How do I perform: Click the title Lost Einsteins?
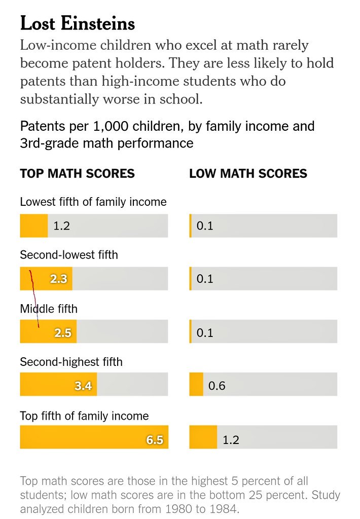tap(77, 23)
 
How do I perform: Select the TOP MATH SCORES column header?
tap(77, 174)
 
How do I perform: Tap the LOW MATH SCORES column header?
tap(248, 174)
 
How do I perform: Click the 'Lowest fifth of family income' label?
tap(93, 202)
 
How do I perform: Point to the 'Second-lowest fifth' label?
tap(68, 254)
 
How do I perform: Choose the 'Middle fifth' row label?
tap(49, 308)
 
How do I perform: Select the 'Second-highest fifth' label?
tap(71, 362)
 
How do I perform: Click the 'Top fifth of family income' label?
tap(84, 416)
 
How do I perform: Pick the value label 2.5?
tap(63, 333)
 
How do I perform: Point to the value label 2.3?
tap(58, 279)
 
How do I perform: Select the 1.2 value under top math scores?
tap(61, 226)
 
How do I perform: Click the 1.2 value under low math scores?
tap(231, 440)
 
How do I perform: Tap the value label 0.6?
tap(217, 386)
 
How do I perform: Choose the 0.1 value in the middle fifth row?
tap(205, 333)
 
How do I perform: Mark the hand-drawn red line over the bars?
tap(34, 299)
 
